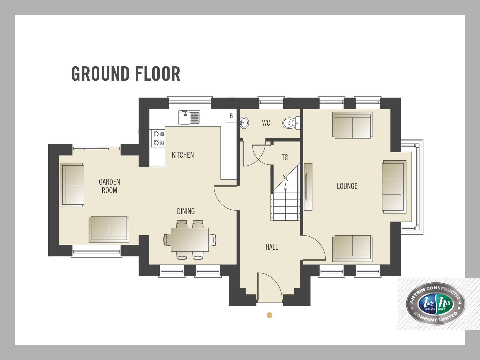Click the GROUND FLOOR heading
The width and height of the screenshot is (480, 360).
coord(126,74)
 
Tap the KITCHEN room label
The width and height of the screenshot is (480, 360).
coord(183,155)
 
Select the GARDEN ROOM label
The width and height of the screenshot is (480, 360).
coord(109,186)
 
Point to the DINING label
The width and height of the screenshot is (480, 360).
coord(186,211)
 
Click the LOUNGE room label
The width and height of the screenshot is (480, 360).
coord(347,186)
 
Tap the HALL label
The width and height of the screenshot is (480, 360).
coord(272,247)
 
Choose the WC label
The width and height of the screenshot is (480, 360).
coord(266,123)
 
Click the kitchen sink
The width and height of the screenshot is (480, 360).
coord(189,118)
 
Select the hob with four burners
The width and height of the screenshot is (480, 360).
coord(157,138)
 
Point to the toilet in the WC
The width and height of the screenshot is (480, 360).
coord(291,123)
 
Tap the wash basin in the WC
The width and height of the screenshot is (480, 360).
coord(244,123)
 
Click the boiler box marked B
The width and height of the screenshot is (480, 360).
coord(231,116)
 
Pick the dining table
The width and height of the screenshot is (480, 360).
coord(190,240)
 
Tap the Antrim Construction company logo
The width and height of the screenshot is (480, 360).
coord(436,304)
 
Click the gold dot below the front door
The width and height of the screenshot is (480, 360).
coord(269,315)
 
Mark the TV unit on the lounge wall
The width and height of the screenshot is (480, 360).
coord(308,187)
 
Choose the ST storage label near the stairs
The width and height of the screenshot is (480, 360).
coord(285,157)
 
